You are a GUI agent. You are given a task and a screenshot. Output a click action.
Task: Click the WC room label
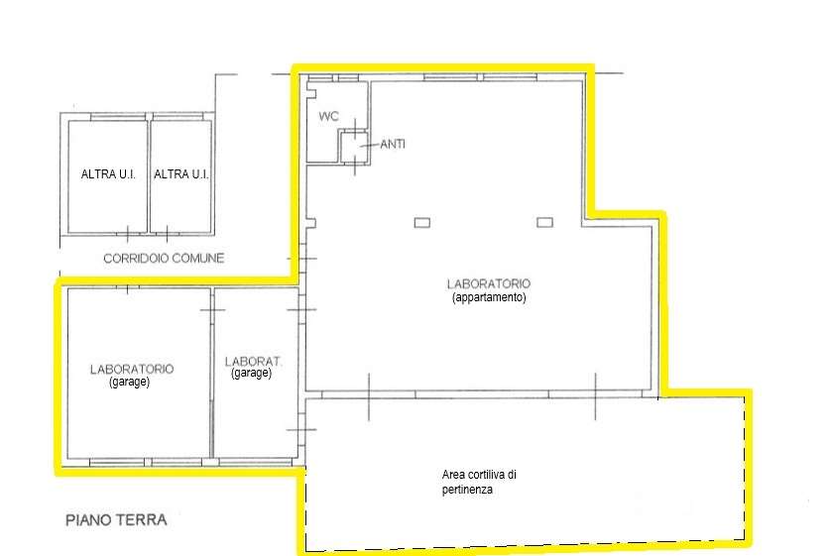click(x=328, y=116)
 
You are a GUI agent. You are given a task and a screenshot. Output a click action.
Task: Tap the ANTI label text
click(x=393, y=144)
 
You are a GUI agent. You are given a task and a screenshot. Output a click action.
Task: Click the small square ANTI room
click(x=353, y=148)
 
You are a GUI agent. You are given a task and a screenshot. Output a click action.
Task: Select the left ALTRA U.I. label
click(x=108, y=173)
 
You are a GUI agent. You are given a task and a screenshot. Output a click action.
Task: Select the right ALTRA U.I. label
click(x=181, y=173)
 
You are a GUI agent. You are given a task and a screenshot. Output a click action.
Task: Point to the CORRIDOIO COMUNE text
click(x=164, y=259)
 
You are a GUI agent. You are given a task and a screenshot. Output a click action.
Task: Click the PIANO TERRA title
click(x=116, y=520)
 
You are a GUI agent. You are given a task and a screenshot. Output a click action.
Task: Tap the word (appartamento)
click(x=489, y=297)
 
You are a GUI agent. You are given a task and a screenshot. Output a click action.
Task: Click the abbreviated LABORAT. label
click(x=253, y=362)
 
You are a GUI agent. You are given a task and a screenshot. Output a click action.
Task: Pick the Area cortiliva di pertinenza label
click(x=479, y=482)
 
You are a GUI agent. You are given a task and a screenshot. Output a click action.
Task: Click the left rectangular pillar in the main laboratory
click(x=421, y=223)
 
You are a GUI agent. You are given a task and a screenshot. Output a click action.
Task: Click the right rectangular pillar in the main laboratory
click(x=544, y=222)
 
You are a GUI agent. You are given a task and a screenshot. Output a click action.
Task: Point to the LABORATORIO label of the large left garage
click(x=132, y=369)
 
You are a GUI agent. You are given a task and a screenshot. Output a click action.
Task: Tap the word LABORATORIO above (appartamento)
click(x=489, y=283)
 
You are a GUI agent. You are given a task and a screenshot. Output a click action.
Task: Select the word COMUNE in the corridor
click(x=198, y=259)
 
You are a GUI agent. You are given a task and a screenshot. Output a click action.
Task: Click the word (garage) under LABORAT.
click(x=252, y=374)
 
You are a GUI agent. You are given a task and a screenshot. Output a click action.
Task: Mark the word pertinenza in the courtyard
click(x=467, y=490)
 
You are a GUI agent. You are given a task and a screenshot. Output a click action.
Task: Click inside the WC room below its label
click(x=322, y=143)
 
